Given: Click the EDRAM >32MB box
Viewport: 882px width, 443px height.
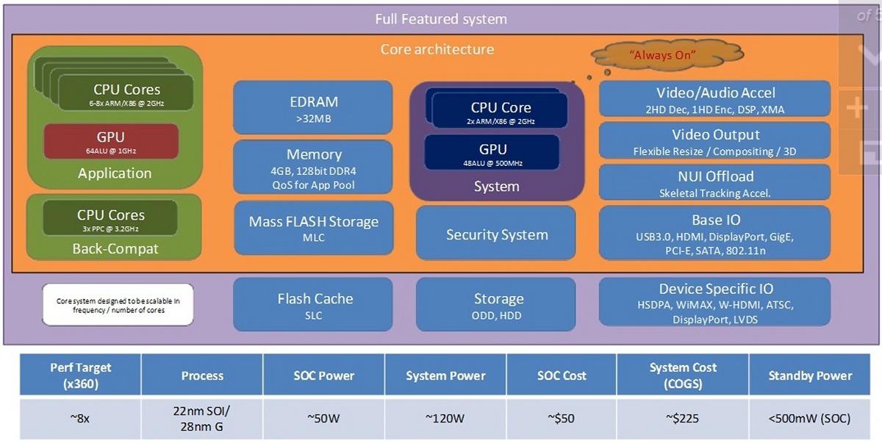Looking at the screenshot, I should pos(312,107).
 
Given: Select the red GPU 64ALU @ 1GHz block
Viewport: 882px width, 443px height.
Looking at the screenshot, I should pos(111,142).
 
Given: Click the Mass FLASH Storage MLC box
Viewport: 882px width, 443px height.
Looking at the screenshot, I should pos(313,228).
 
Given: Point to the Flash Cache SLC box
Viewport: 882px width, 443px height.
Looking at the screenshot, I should pos(313,304).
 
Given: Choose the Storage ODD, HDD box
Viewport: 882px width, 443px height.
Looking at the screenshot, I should pos(498,304).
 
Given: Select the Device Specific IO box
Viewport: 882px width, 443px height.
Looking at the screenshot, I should pos(714,302).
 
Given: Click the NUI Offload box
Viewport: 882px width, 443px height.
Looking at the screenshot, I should pos(714,182).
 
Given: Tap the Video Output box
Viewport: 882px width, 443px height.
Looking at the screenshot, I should pos(714,141).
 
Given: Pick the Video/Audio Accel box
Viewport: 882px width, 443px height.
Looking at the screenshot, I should pos(714,99).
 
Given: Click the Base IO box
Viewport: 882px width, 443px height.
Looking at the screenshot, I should pos(714,232).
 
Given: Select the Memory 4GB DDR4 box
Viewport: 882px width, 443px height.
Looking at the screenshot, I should pos(313,168).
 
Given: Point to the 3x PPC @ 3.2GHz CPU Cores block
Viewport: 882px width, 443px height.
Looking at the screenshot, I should pos(110,218).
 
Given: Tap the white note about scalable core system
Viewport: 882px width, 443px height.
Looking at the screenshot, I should pos(118,305).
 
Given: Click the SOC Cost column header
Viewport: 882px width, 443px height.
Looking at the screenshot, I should pos(562,375).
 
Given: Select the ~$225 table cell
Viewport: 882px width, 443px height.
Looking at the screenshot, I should pos(683,419).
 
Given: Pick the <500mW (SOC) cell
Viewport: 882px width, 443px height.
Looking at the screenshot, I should pos(810,419).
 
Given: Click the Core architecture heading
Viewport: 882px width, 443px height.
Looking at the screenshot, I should pos(437,50).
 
